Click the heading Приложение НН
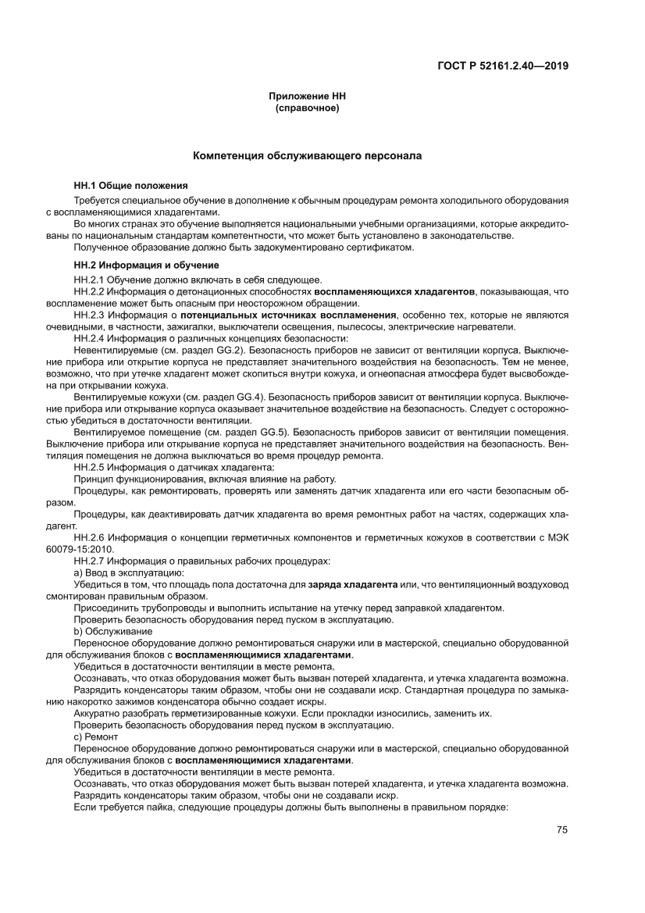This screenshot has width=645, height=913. coord(307,97)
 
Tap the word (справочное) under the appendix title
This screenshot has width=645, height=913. coord(307,108)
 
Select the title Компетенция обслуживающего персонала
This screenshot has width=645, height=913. coord(307,156)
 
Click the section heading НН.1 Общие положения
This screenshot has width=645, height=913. coord(130,186)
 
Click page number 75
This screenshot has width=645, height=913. coord(561,829)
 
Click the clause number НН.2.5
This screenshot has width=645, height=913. coord(88,467)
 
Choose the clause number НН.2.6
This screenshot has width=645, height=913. coord(88,537)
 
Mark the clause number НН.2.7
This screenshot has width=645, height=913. coord(88,561)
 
